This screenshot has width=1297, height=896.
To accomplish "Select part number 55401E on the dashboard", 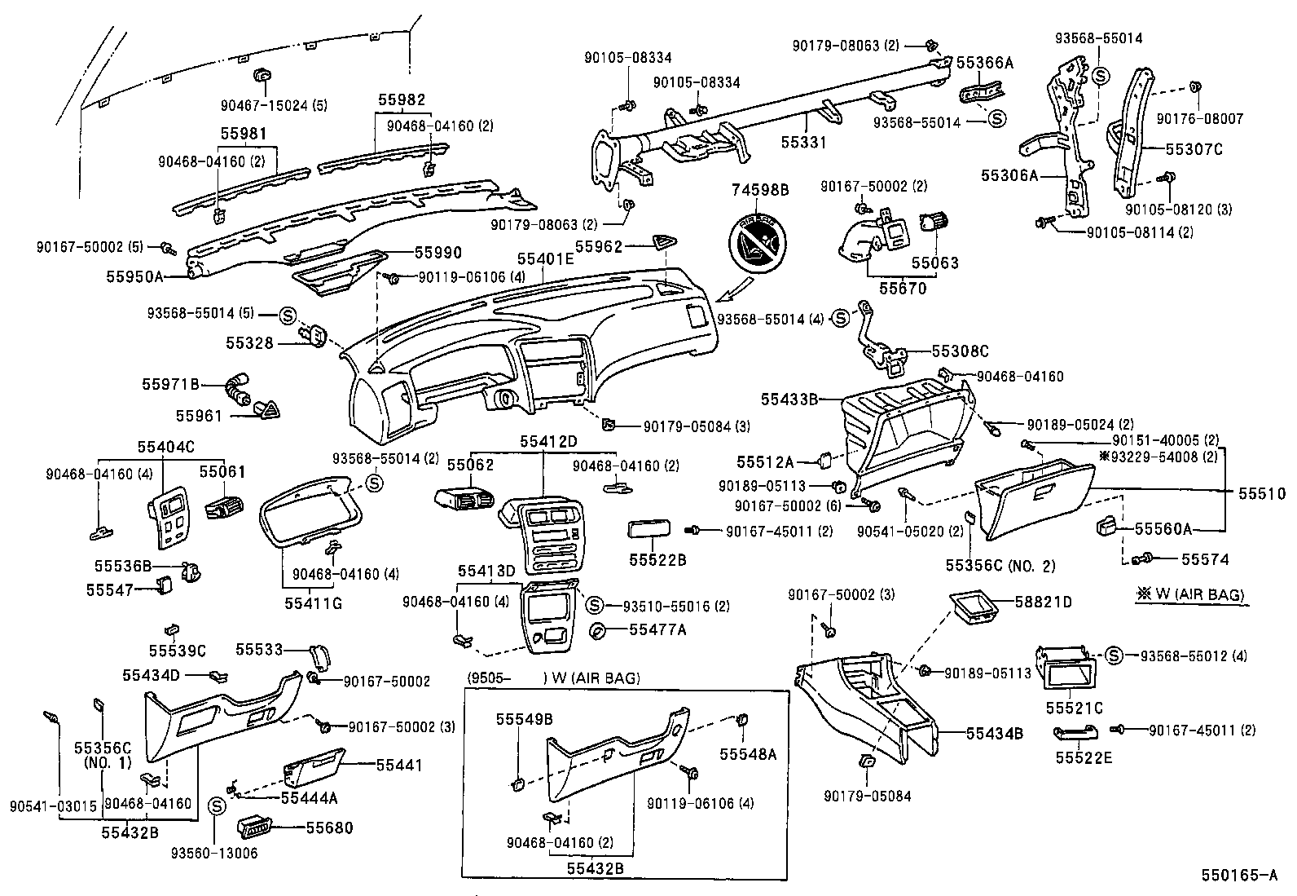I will coord(545,260).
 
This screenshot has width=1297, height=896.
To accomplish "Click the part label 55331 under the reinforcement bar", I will coord(803,143).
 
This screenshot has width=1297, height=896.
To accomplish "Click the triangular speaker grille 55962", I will coord(666,241).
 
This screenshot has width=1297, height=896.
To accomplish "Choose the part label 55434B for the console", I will coord(994,733).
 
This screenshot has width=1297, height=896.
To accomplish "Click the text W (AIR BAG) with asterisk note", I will coord(1190,594).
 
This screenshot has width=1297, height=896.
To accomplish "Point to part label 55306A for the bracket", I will coord(1009,175).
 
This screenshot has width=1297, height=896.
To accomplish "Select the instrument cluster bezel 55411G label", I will coord(313,603).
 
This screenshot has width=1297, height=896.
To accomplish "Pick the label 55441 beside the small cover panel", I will coord(399,765).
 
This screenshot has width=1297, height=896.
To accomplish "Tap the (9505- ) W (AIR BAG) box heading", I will coord(553,678).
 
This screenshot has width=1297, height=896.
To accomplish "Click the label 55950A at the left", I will coord(135,276).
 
